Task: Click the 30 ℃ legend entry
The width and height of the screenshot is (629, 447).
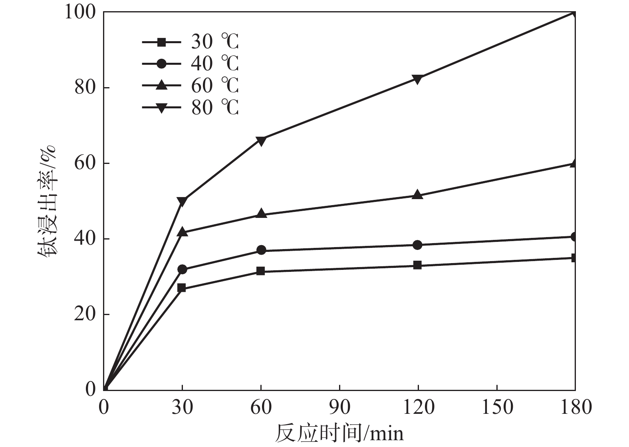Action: click(190, 42)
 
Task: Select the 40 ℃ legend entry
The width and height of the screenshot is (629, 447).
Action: click(190, 64)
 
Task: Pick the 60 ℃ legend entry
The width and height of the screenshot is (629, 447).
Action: click(190, 86)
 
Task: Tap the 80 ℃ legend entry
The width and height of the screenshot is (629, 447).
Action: click(190, 108)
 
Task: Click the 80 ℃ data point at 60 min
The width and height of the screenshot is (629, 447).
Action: click(261, 141)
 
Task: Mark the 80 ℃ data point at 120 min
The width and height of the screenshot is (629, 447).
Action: click(418, 79)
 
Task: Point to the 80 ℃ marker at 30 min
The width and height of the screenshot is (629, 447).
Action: click(182, 202)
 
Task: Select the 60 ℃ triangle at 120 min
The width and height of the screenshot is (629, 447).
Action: click(418, 195)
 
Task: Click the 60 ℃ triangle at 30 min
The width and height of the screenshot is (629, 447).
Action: click(182, 231)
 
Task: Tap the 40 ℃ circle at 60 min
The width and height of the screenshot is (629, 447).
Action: click(261, 250)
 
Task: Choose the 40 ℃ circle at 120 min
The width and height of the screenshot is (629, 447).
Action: click(418, 245)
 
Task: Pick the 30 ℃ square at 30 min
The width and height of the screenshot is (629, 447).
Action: click(182, 287)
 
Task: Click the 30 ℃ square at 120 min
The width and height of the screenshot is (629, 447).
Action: click(418, 265)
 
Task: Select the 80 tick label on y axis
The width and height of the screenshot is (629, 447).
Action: click(85, 88)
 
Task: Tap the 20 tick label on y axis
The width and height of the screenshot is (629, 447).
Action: click(85, 314)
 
